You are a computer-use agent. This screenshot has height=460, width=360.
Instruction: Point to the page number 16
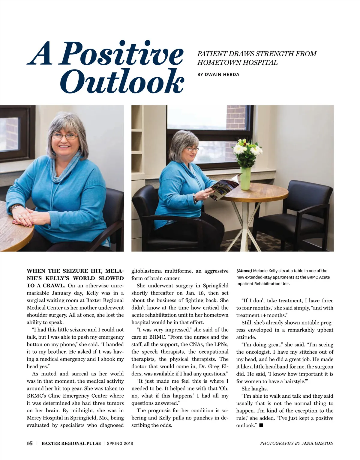pos(29,443)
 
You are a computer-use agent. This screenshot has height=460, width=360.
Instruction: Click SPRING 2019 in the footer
pos(120,444)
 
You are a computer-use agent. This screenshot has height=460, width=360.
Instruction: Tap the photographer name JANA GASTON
pos(317,443)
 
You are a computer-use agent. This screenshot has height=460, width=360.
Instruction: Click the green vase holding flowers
pos(245,179)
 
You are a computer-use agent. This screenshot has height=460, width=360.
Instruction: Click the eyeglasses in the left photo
pos(65,136)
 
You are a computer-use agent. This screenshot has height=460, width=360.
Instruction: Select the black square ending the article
pos(261,425)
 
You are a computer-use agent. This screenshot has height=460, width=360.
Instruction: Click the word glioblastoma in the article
pos(146,271)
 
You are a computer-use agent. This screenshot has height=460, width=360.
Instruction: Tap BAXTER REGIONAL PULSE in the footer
pos(71,444)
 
